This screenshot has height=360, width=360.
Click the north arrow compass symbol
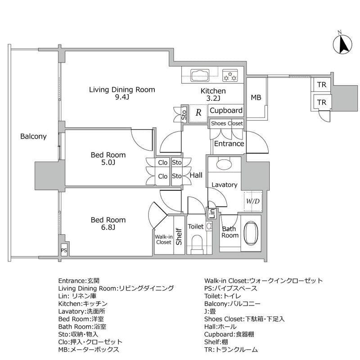(341, 44)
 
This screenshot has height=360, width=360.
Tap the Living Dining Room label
(121, 90)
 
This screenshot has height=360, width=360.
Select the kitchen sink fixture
(199, 75)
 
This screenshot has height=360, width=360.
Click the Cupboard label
(226, 111)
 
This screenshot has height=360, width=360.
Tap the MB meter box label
(256, 98)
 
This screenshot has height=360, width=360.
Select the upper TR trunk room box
(321, 85)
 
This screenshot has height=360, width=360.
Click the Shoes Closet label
(227, 123)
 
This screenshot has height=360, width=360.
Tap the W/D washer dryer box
(252, 201)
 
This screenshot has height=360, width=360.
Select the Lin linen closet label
(211, 213)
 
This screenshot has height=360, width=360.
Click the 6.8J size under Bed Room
(108, 228)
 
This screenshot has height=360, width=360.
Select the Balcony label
(33, 137)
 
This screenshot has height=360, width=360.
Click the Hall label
(195, 175)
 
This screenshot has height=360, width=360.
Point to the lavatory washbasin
(223, 164)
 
